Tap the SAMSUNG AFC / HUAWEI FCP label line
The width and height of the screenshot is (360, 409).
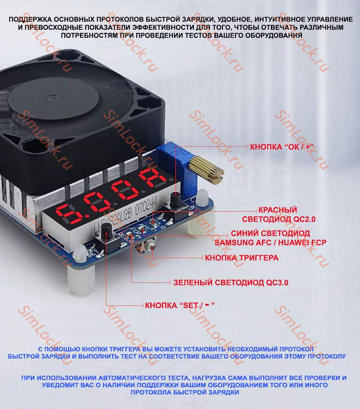coord(270,242)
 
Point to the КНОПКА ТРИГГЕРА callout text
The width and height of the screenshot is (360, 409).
coord(242,258)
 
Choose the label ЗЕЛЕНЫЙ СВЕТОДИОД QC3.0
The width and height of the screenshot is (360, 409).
coord(231,282)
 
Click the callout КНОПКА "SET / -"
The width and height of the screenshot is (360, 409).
coord(179,304)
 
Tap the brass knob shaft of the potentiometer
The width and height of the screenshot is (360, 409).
coord(207,168)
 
